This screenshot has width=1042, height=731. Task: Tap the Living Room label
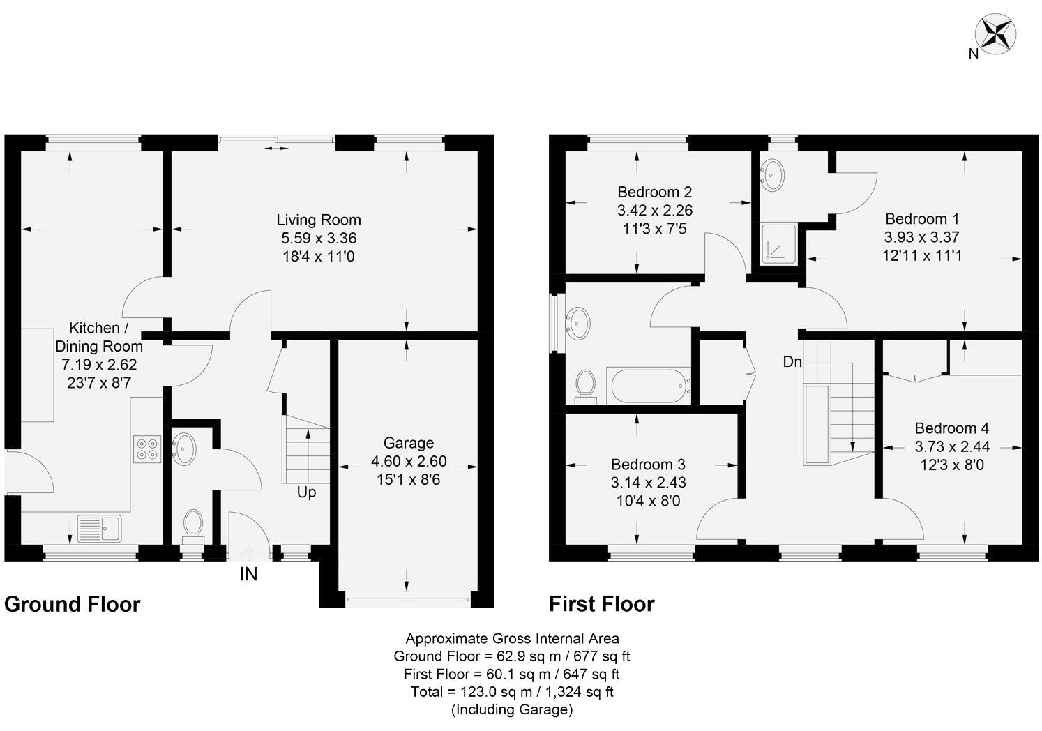coord(319,220)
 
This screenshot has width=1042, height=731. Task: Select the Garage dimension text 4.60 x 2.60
coord(409,461)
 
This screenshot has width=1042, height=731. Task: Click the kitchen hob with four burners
coord(146,449)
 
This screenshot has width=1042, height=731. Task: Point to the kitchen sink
coord(99,528)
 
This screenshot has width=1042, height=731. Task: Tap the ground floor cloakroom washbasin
coord(184,449)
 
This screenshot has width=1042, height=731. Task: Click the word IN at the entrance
coord(249,574)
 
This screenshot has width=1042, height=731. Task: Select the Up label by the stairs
coord(306,492)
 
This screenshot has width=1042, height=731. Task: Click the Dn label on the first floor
coord(792,361)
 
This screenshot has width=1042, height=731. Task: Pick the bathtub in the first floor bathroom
coord(648,385)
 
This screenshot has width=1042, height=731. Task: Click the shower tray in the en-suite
coord(778,243)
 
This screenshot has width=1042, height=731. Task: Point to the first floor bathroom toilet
coord(585,385)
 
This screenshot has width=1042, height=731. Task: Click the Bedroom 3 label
coord(648,465)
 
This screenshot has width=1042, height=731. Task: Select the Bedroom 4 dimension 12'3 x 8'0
coord(952,465)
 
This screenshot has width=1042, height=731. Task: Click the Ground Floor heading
coord(73,604)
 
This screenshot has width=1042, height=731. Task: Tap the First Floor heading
coord(601,604)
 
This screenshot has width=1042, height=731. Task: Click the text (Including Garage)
coord(512,710)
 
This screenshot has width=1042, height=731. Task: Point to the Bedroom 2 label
coord(654,192)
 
